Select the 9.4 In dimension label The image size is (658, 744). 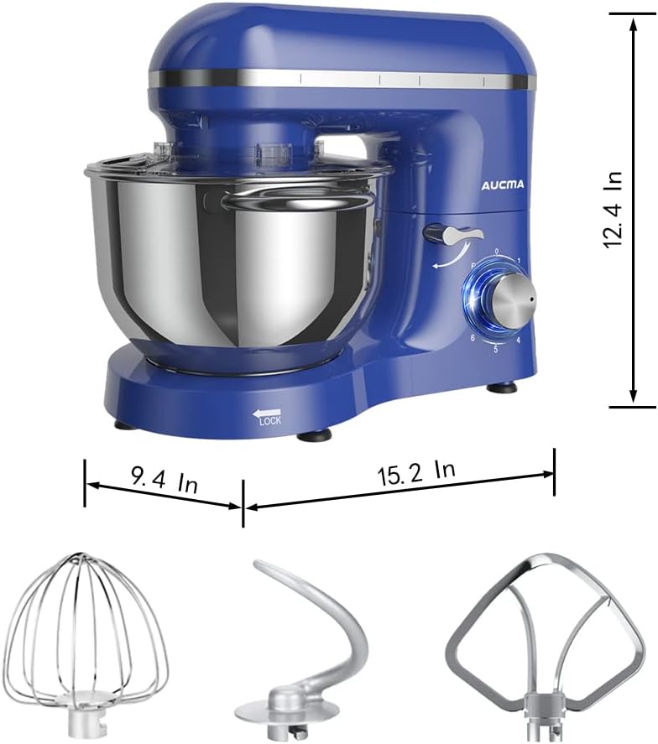(164, 481)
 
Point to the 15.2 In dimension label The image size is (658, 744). (415, 473)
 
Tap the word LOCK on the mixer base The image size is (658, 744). (270, 420)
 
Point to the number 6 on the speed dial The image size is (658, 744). (473, 337)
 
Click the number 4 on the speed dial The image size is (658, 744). (518, 341)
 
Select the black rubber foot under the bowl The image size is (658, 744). (316, 434)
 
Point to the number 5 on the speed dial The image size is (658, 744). (496, 348)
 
